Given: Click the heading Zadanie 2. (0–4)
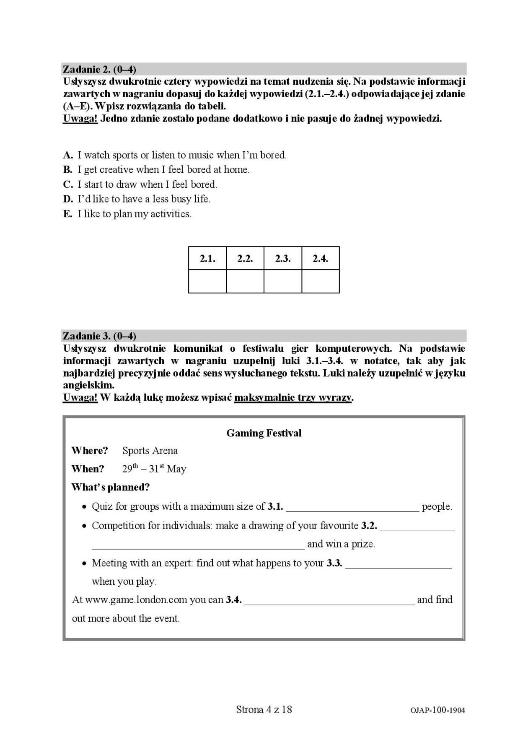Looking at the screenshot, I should point(99,69).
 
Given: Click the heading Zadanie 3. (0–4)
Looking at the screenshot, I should point(99,336).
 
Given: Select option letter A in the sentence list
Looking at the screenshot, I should point(68,155).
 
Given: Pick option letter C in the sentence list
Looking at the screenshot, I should point(68,184).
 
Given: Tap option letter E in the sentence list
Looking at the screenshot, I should point(67,214).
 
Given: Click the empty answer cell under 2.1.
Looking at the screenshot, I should point(207,281).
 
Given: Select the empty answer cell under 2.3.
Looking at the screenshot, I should point(283,281).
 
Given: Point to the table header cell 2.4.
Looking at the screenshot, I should point(321,259).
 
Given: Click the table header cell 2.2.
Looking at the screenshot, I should point(245,259).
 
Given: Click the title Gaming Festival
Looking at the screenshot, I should point(264,433).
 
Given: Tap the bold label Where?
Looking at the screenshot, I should point(90,451).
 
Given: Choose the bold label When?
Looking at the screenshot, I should point(88,469).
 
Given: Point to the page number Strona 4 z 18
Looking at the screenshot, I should point(264,709).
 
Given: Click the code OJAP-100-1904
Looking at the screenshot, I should point(438,710).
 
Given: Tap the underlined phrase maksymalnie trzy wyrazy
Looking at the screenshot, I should point(293,397).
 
